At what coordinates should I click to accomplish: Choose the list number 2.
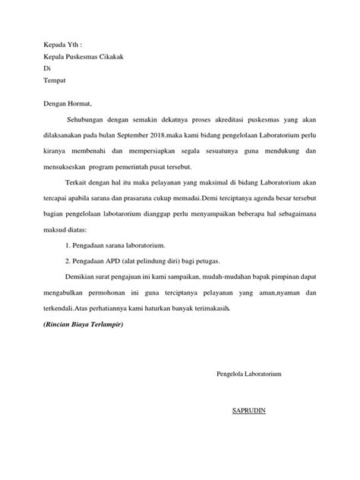(68, 260)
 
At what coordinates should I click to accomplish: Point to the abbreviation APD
(115, 260)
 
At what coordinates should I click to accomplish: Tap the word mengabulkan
(68, 292)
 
